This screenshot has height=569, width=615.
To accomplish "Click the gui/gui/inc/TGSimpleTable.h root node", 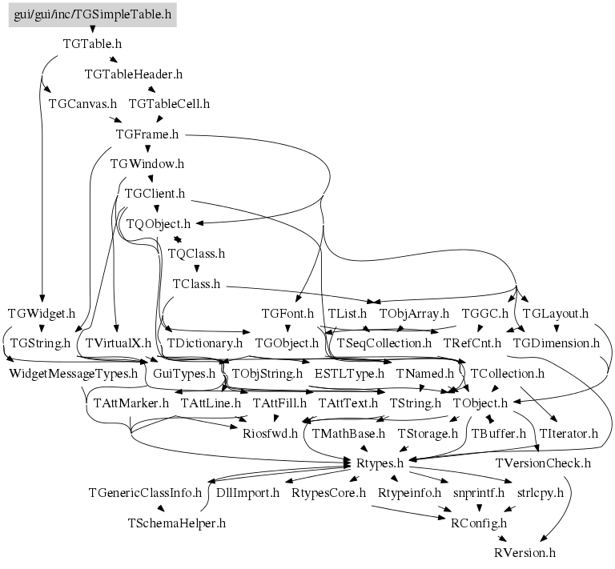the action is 93,15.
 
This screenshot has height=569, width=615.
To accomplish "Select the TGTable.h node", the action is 93,44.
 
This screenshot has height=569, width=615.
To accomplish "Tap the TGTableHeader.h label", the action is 134,74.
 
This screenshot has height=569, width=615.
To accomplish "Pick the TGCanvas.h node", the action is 82,104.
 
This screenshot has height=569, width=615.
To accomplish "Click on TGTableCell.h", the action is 170,104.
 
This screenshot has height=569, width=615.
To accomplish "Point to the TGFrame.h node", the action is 147,134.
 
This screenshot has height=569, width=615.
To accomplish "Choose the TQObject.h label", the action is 159,224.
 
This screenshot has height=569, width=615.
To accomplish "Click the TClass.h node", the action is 196,284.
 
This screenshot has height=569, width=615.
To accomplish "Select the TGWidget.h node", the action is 42,314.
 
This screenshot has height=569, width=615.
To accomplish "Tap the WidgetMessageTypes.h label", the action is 74,374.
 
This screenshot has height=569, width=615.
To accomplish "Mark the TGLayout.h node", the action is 556,314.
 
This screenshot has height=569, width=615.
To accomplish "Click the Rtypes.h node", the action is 380,463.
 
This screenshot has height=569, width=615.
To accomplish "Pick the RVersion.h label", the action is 525,553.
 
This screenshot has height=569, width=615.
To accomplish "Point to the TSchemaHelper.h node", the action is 177,523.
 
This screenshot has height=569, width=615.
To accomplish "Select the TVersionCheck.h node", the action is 543,463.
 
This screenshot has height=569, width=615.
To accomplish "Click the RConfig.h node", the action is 479,523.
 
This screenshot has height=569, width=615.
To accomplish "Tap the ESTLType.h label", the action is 349,374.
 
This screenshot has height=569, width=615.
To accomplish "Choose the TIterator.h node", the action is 569,434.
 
